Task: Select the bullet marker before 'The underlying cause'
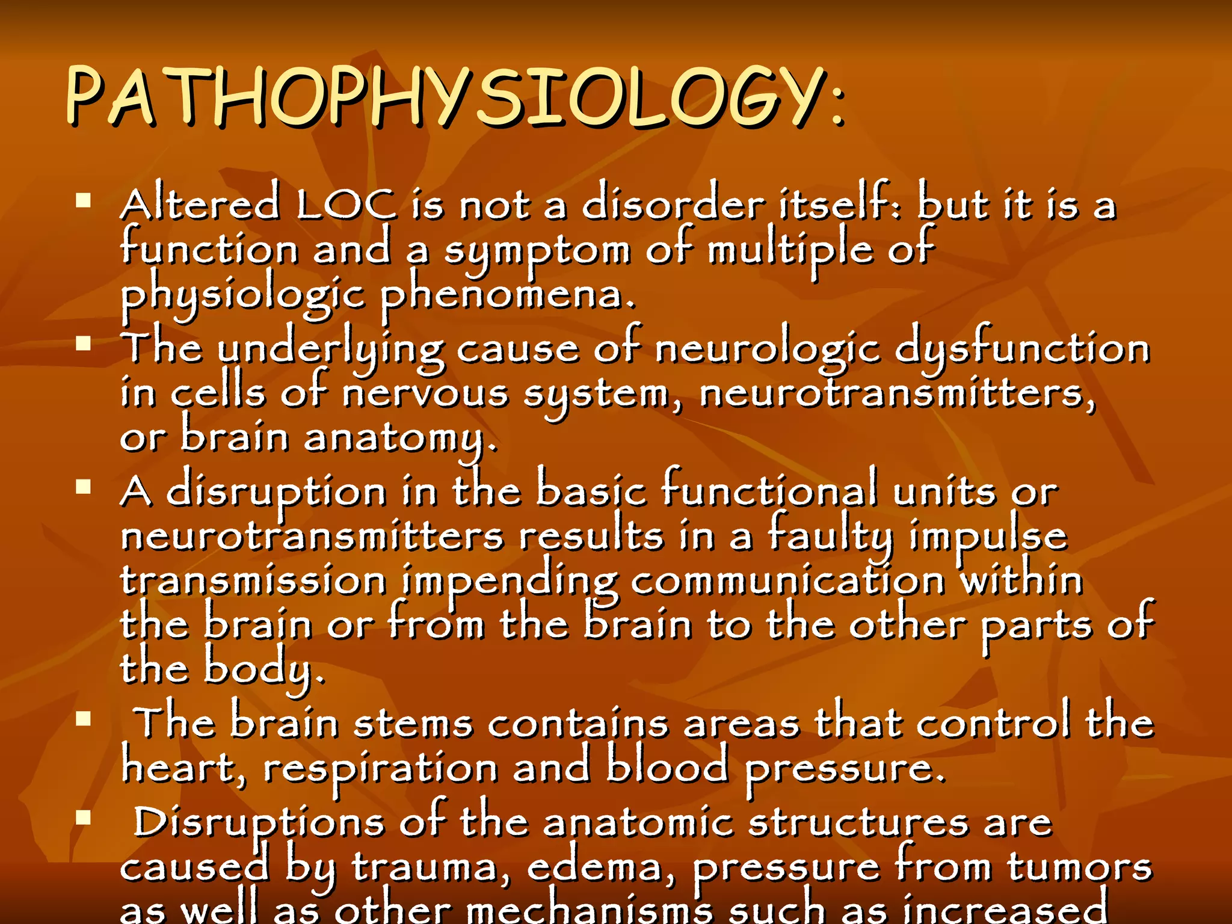point(84,343)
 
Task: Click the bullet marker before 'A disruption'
point(84,487)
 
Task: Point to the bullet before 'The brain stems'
point(84,719)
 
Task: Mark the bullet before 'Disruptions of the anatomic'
point(84,818)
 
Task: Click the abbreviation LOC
point(346,205)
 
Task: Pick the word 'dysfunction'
point(1023,349)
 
